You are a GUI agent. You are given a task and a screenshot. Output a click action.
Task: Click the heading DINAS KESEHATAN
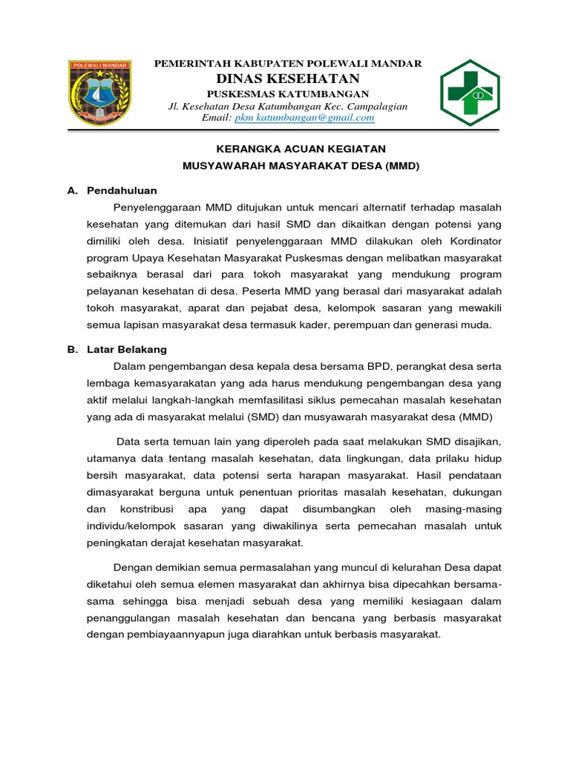(287, 79)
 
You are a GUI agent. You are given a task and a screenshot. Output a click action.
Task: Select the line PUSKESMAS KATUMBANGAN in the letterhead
(287, 93)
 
